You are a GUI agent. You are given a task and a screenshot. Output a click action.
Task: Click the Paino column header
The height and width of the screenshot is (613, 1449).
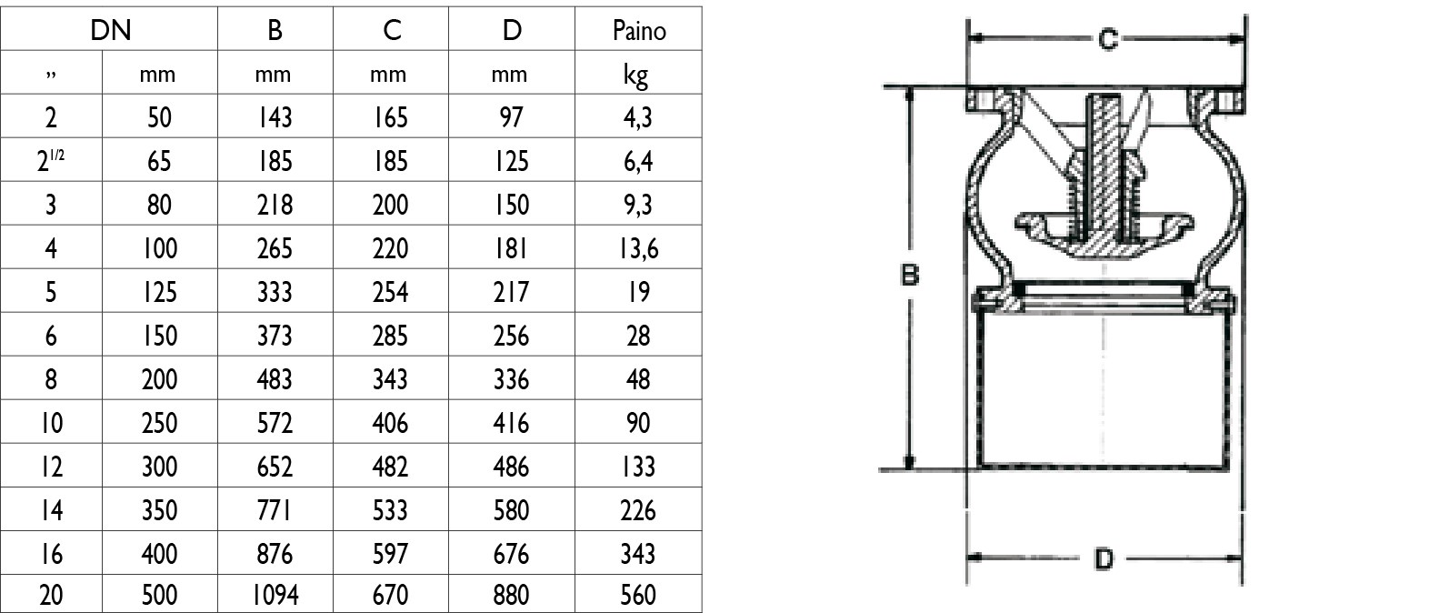[638, 30]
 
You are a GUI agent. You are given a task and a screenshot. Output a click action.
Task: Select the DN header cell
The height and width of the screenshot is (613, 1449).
[111, 30]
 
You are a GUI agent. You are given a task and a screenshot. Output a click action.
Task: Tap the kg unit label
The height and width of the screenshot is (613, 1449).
[636, 75]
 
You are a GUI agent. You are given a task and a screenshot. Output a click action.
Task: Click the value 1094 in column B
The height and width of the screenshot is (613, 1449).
[275, 595]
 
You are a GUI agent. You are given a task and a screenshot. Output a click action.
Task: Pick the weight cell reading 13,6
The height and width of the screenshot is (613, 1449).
[638, 248]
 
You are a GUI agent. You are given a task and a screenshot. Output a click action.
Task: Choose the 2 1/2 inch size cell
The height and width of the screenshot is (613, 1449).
[51, 161]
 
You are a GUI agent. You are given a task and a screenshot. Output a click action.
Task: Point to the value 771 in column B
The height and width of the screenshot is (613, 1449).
[275, 510]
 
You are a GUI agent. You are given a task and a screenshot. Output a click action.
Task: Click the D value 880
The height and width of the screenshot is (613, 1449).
[512, 595]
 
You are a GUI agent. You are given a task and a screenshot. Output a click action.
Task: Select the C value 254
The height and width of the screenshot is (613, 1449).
[390, 292]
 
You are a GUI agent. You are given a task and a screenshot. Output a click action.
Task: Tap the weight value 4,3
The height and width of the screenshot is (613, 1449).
[638, 118]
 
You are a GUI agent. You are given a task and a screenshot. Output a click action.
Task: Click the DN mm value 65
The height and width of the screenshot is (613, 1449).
[159, 161]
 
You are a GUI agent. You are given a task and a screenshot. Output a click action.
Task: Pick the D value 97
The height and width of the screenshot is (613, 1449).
[511, 117]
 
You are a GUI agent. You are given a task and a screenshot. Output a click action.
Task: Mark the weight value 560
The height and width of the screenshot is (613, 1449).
[638, 595]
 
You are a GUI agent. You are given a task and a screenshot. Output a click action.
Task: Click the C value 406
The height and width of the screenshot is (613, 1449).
[390, 423]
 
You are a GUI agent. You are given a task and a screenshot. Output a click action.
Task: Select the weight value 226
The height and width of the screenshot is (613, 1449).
[638, 510]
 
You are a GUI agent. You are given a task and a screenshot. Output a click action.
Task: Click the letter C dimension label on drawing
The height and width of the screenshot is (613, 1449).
[1107, 39]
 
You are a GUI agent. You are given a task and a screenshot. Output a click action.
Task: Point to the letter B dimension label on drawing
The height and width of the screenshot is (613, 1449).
[910, 275]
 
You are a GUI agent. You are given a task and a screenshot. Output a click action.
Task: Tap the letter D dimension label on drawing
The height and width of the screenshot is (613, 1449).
[1104, 558]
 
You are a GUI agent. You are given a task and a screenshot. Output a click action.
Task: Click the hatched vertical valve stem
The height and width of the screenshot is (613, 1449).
[1104, 172]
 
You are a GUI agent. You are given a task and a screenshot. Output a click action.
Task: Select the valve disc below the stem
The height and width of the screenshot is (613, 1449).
[1104, 234]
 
